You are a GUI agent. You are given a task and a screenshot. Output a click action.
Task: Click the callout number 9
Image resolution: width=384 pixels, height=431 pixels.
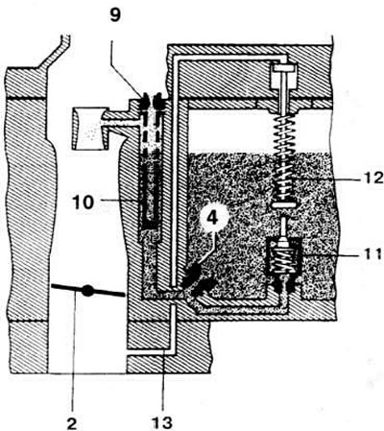coord(115,15)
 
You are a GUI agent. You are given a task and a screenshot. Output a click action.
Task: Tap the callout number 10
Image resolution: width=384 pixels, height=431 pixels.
coord(83,202)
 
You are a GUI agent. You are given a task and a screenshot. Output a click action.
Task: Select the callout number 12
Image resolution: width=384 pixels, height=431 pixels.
coord(373,178)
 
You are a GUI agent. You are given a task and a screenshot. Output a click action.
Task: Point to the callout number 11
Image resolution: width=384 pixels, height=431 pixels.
coord(373,253)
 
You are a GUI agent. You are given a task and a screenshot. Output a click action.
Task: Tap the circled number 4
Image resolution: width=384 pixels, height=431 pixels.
coord(213,218)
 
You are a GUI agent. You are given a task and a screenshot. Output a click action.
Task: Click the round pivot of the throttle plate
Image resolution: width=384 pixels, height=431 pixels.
coord(87,290)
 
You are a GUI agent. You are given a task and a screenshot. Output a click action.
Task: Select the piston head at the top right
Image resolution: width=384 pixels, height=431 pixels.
coord(282,68)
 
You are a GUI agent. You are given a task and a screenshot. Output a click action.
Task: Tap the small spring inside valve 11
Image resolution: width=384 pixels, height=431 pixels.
coord(283,260)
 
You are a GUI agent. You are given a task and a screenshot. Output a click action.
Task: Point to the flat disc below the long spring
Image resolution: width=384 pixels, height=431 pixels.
coord(283,204)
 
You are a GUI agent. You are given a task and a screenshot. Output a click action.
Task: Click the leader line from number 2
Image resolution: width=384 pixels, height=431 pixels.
coord(73,348)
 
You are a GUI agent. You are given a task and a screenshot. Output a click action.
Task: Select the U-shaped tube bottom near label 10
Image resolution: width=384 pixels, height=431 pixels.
coord(150,220)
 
